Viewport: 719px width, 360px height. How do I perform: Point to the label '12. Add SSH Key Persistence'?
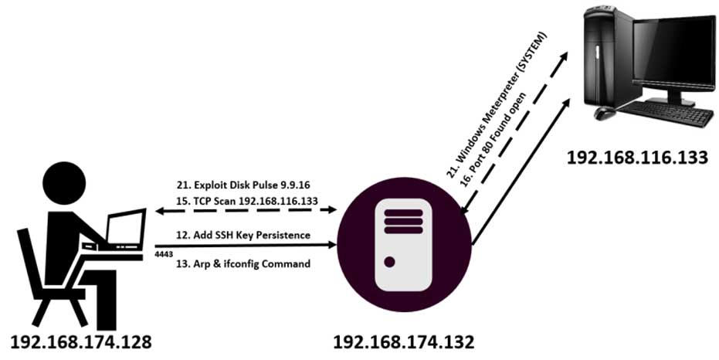(244, 234)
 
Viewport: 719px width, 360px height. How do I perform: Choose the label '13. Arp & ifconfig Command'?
(244, 263)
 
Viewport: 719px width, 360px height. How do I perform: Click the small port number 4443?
(163, 253)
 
